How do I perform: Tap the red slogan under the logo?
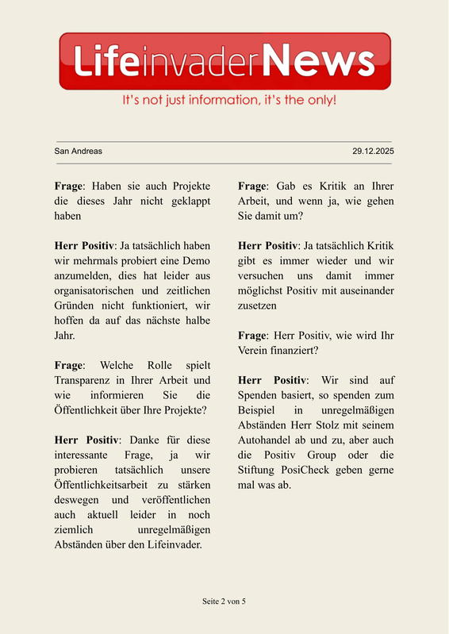[x=229, y=101]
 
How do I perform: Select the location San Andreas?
[x=78, y=151]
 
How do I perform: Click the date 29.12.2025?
[x=373, y=151]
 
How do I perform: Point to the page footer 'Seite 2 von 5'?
[x=224, y=601]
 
